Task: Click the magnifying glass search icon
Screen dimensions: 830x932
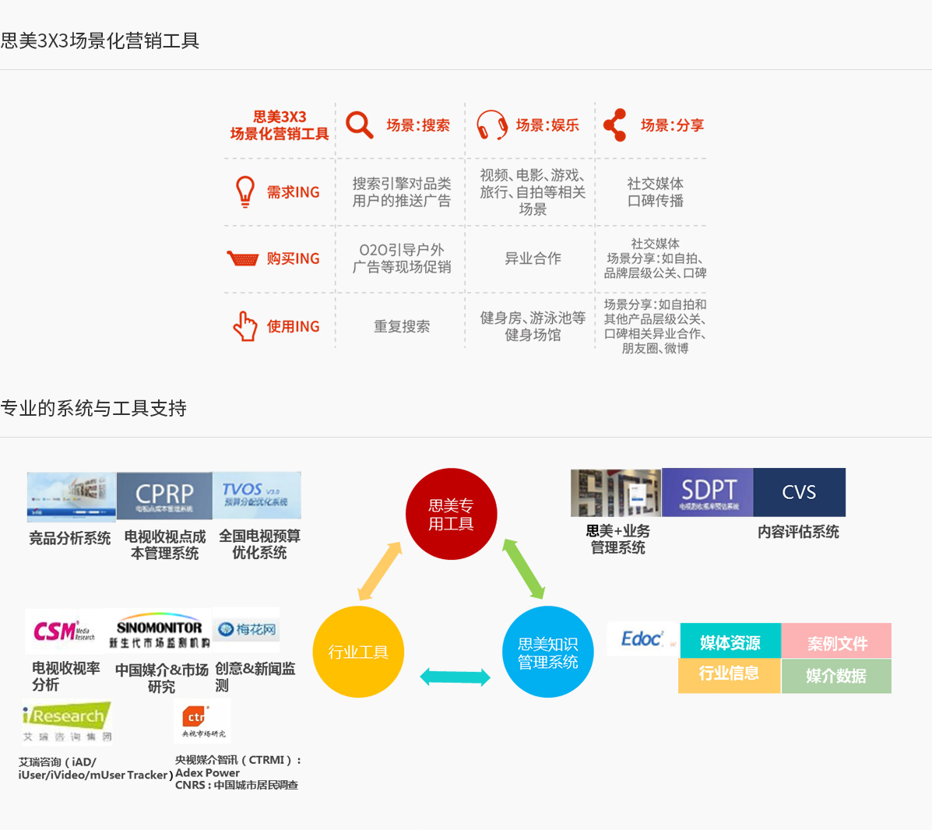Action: click(360, 125)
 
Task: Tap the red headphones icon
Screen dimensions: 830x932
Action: click(492, 125)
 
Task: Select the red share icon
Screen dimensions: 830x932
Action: click(615, 125)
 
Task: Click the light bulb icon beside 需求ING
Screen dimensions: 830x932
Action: click(245, 192)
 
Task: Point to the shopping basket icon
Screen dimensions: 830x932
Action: click(242, 258)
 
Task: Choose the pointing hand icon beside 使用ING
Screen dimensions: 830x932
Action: click(245, 326)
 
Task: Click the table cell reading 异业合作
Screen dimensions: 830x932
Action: click(533, 258)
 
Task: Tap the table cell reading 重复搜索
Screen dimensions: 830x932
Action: click(402, 326)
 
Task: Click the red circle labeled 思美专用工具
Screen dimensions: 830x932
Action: click(451, 514)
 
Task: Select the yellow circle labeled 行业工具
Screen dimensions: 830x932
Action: click(358, 652)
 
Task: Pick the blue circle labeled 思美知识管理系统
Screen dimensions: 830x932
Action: click(548, 652)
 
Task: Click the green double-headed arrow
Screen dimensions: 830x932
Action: click(523, 568)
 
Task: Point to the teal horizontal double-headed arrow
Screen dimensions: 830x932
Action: click(455, 677)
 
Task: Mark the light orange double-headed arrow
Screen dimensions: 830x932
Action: click(380, 571)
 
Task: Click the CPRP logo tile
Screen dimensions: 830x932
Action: click(164, 495)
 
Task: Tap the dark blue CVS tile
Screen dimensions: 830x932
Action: click(799, 492)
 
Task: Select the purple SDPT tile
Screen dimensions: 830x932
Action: click(708, 492)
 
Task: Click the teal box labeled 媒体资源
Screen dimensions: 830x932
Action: click(730, 642)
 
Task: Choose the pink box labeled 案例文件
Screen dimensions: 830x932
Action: click(837, 642)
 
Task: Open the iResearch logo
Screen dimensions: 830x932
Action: click(66, 721)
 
